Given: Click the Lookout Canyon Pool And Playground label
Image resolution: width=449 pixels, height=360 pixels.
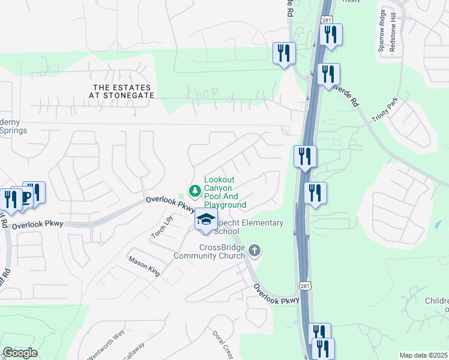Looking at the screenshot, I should tap(224, 192).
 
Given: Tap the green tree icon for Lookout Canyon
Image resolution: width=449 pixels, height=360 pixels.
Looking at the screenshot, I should tap(194, 191).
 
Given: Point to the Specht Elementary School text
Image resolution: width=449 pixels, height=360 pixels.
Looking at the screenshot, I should tap(249, 227).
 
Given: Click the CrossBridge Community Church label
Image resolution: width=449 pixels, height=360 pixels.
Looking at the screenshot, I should tap(209, 251).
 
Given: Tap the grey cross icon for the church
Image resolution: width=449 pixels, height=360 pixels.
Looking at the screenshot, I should tap(255, 250).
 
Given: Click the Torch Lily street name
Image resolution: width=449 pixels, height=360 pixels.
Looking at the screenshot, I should tap(161, 228).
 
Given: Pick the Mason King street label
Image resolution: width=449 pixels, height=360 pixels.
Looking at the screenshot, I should tap(144, 266).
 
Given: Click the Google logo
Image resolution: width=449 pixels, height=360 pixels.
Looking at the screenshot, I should tap(20, 353).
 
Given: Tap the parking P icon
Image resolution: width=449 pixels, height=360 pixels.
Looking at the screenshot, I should tap(26, 197).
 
